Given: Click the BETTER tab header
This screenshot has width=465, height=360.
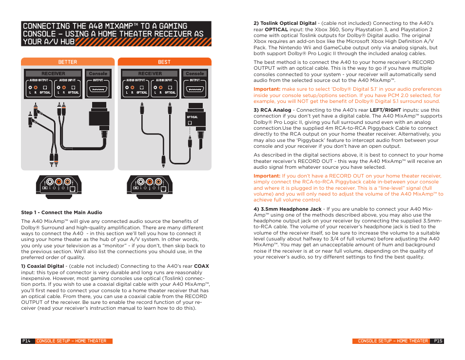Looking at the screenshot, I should [67, 62].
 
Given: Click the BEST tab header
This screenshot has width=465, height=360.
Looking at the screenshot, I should [164, 62].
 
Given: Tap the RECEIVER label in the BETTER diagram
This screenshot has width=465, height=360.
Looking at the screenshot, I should [53, 74].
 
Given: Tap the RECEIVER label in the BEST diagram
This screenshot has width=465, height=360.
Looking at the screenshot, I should [150, 74].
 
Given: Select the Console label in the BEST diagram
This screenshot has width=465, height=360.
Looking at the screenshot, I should [194, 74].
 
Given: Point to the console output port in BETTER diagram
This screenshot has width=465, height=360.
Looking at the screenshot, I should [98, 90].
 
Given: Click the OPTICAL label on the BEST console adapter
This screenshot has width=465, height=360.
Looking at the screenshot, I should [193, 117].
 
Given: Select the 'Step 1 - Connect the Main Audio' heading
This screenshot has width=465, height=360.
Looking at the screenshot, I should [61, 212].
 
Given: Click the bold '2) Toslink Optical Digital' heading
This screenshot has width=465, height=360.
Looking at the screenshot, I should [285, 23].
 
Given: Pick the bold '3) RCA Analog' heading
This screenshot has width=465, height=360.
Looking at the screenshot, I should [272, 110].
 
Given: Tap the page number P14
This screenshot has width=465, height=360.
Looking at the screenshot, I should [27, 341].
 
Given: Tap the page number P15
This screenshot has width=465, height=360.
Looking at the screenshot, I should [438, 341].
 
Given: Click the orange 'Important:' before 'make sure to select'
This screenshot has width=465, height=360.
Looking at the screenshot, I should [267, 89].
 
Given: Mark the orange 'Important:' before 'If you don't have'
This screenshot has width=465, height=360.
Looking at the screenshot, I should [267, 176].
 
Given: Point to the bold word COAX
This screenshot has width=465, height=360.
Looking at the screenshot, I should [201, 266].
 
